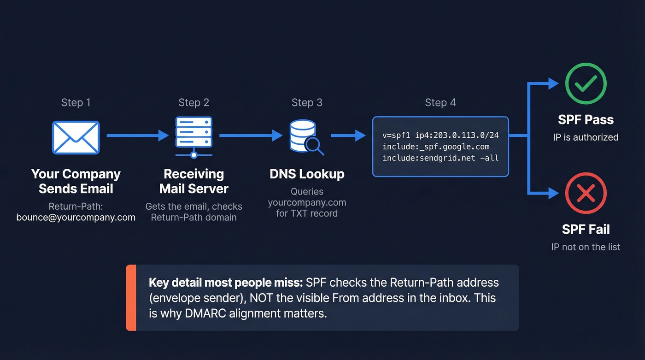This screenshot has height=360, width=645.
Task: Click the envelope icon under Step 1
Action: pos(76,137)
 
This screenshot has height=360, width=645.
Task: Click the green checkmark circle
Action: pos(586,83)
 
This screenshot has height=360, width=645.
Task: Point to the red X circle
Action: pos(586,193)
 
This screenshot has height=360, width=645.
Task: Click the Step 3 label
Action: pos(307,102)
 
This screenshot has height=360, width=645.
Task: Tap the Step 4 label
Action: pos(440,102)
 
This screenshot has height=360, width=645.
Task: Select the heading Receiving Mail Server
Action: pos(193,181)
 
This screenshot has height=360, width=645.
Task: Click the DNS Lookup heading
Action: pos(307,174)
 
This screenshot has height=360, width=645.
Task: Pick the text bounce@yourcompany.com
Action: pos(76,217)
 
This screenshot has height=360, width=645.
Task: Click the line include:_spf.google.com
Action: pos(436,147)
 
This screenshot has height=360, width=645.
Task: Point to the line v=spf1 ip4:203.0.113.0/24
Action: pos(440,136)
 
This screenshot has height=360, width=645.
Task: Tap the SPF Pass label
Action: pos(586,120)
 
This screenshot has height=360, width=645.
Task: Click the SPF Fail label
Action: pos(586,229)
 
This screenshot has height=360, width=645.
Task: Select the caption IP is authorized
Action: pos(586,137)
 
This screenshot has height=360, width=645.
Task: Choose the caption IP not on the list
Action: pos(586,247)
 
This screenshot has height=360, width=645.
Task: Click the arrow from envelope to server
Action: pos(137,136)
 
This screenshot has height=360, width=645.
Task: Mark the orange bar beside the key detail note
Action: pos(131,297)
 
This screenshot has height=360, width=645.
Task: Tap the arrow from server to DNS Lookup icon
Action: pos(251,136)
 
